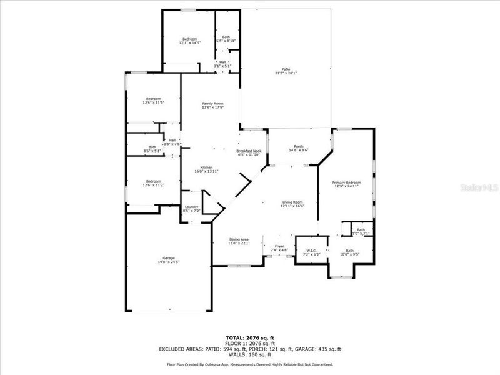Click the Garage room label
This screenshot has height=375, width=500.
coord(169,260)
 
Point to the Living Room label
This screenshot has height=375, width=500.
coord(292,204)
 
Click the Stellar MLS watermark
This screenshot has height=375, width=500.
coord(481,187)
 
